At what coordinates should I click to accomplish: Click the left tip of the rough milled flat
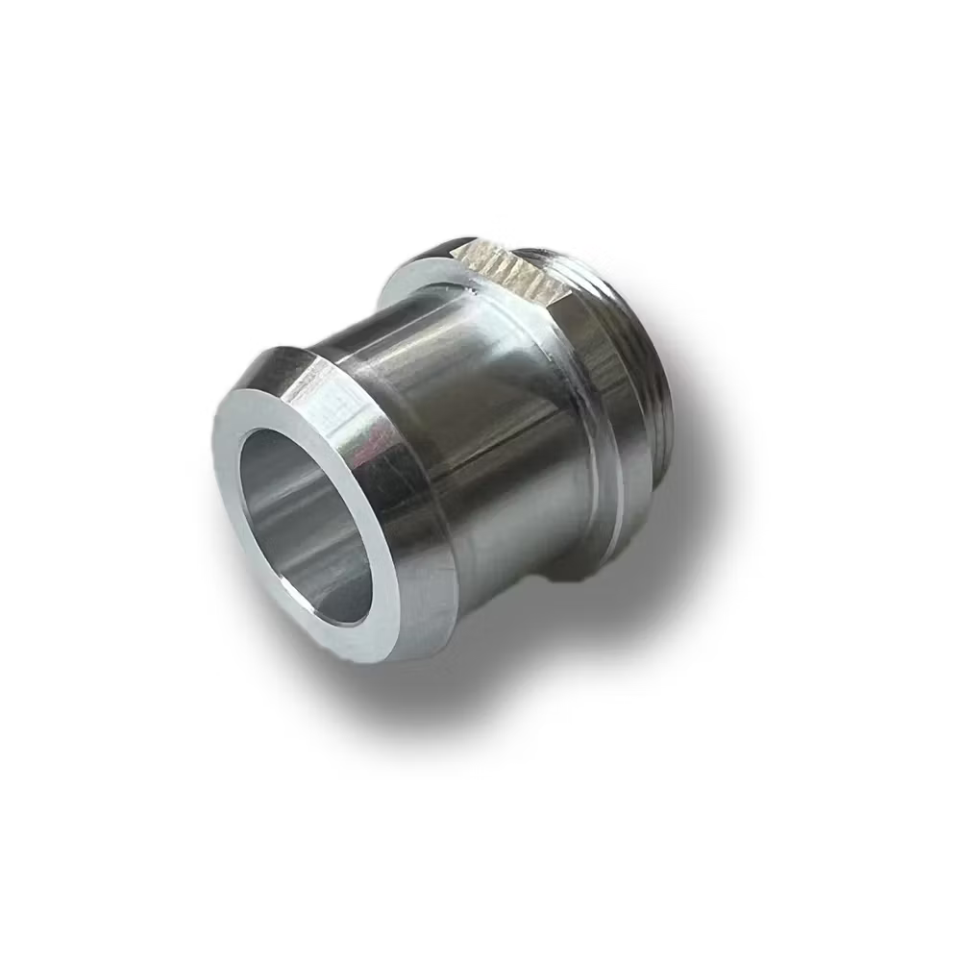pos(454,252)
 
